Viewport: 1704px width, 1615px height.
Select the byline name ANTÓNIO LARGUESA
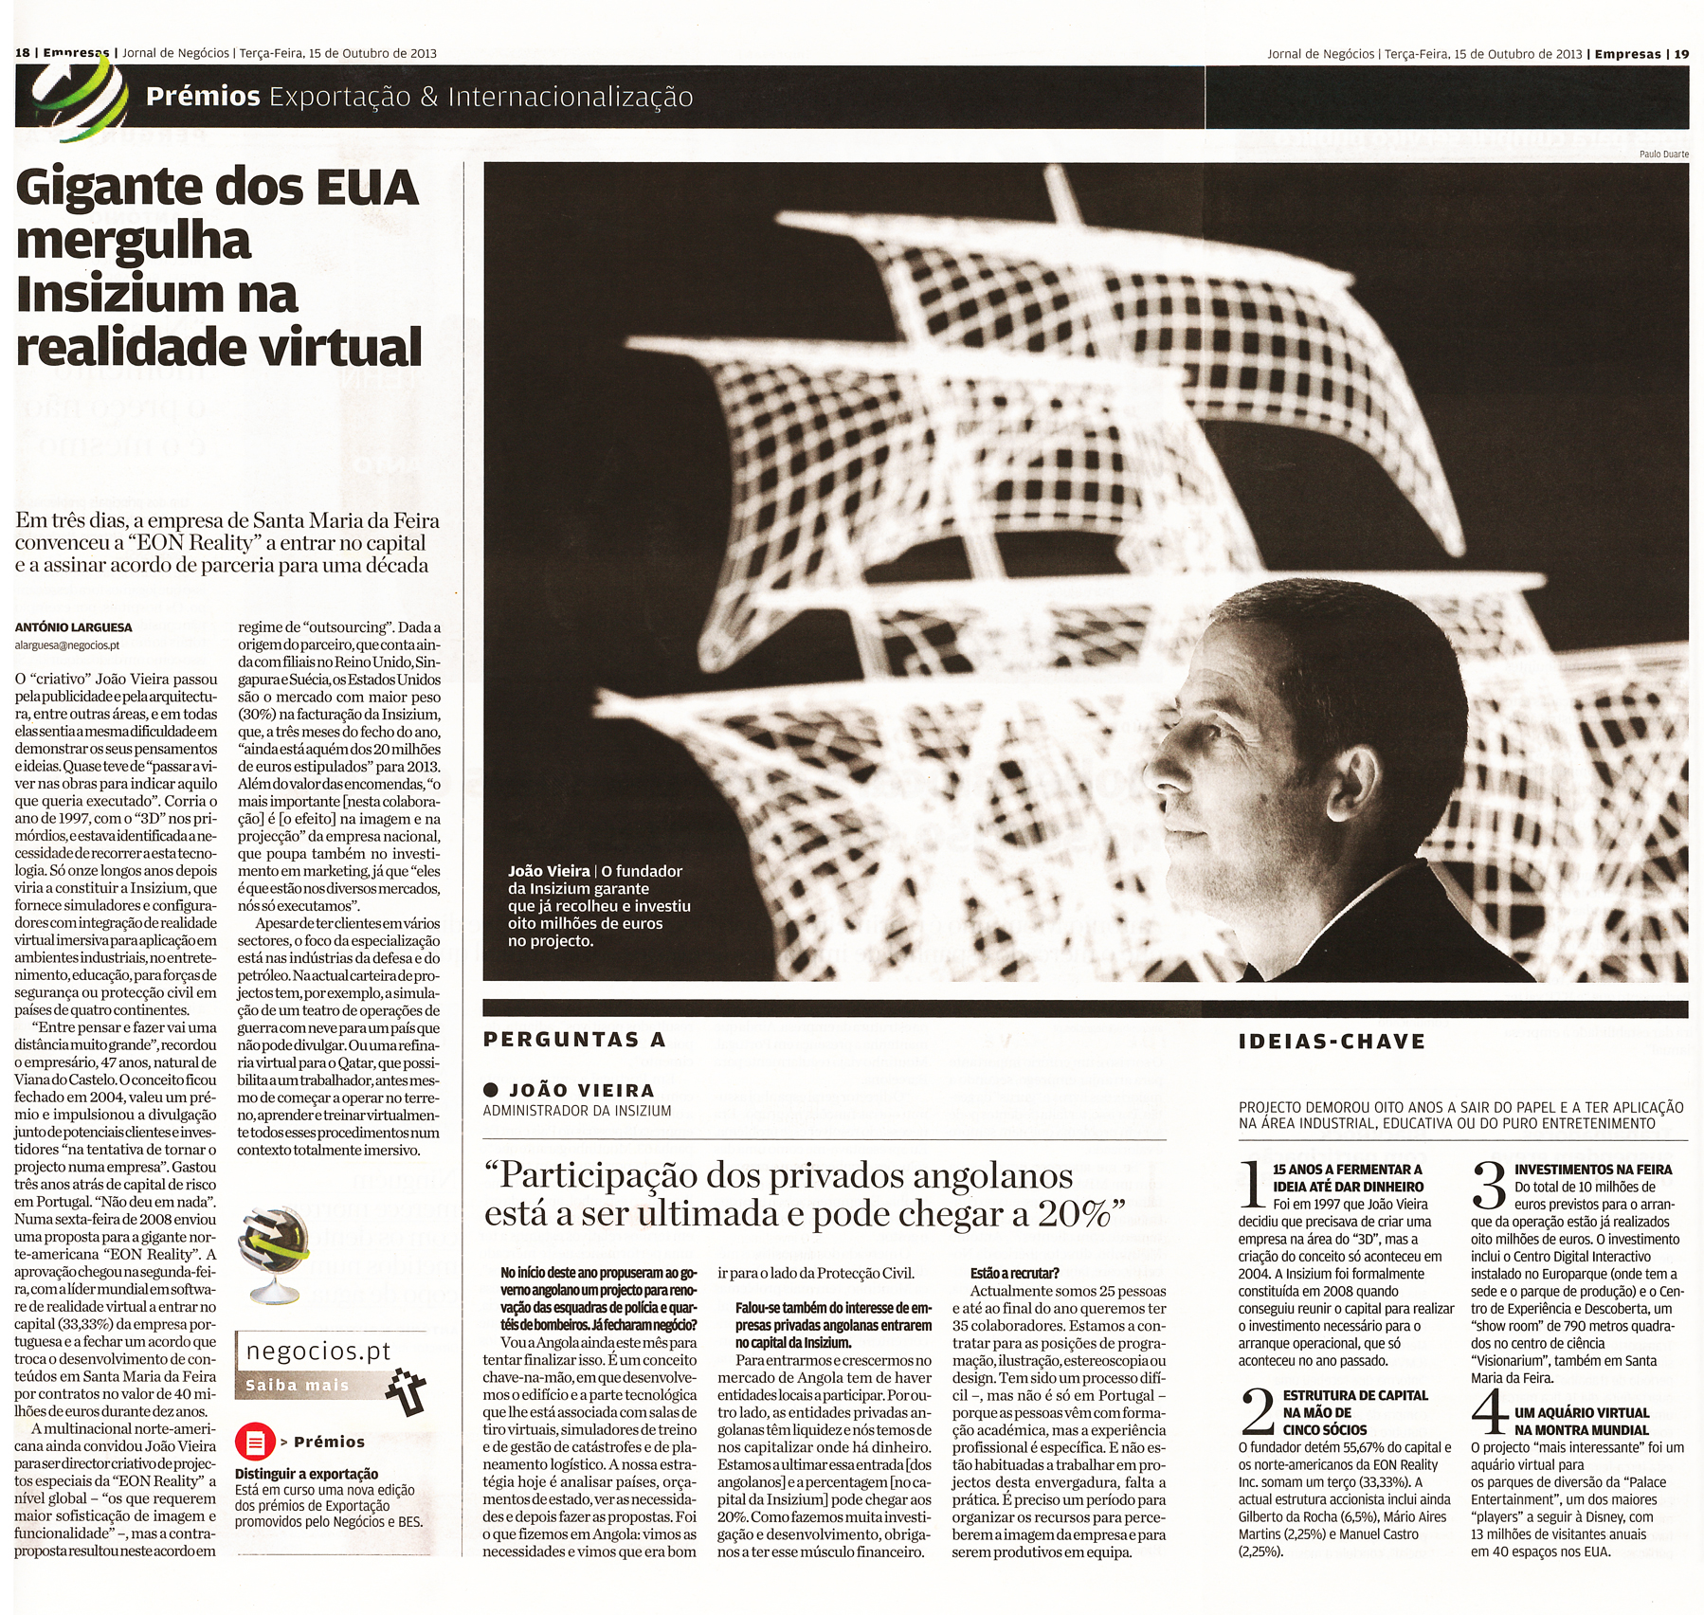[x=74, y=627]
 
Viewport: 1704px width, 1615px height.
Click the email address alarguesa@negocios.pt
[x=67, y=645]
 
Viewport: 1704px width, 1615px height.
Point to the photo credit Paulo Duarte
[x=1663, y=154]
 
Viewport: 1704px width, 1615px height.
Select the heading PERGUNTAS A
[x=574, y=1040]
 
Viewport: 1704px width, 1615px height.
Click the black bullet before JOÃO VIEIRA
[x=491, y=1090]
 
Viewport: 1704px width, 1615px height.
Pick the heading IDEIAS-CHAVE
[x=1332, y=1042]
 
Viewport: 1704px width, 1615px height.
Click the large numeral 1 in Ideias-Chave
[x=1253, y=1185]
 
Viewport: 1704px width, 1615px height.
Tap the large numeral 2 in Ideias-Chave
[x=1258, y=1411]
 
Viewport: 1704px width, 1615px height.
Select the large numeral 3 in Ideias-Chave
[x=1489, y=1186]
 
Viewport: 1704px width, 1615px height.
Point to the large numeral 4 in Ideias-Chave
[x=1489, y=1412]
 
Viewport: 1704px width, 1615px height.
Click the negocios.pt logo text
[x=318, y=1352]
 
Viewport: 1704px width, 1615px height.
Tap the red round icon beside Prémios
[x=254, y=1442]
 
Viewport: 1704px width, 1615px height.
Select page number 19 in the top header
[x=1681, y=54]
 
